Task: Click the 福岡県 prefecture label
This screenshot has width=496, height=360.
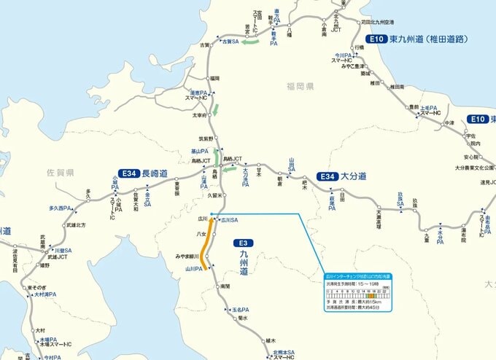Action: click(x=298, y=86)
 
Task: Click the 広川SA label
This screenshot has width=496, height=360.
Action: click(x=229, y=219)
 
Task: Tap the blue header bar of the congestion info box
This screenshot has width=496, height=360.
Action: click(x=357, y=277)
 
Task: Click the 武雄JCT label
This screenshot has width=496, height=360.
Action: click(x=58, y=257)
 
